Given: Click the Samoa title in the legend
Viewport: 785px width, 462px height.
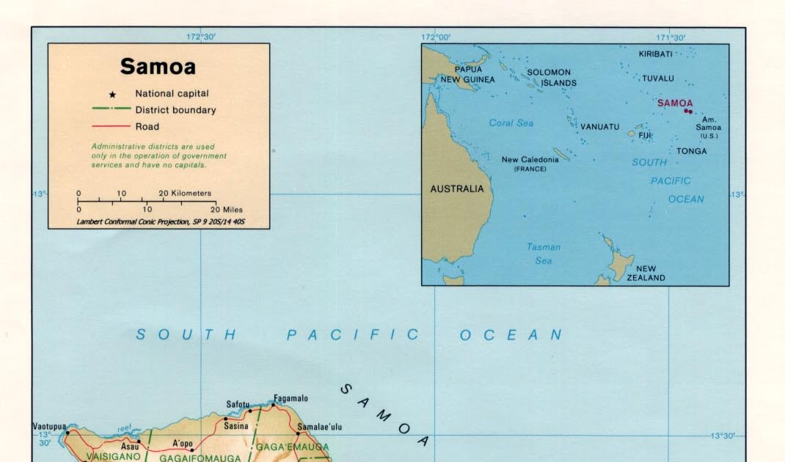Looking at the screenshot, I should [x=158, y=67].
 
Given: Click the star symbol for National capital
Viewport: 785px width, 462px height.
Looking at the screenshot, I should [x=113, y=95].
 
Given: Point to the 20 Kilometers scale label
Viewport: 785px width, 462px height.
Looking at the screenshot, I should [x=186, y=194].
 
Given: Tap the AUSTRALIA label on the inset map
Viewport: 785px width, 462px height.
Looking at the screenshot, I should [x=456, y=188].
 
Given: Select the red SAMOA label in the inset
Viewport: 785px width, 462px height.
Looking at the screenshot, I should [x=674, y=103].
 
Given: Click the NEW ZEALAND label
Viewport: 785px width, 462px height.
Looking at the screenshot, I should [x=646, y=273].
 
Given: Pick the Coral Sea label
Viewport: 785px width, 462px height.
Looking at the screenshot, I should [x=511, y=123].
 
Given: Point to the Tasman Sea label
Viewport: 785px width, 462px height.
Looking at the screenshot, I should [x=544, y=254].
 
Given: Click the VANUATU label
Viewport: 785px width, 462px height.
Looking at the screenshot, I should [x=599, y=127].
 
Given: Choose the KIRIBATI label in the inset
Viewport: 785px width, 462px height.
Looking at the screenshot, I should [x=655, y=54].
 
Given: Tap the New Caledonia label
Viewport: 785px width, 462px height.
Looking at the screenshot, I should [x=525, y=160].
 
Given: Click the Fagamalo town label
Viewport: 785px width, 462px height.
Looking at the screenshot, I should [x=291, y=399].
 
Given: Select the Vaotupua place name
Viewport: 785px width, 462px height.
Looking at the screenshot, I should [x=49, y=426].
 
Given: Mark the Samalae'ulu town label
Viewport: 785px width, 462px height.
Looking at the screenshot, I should [x=319, y=427].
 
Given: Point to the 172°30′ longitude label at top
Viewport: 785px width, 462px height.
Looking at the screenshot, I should [x=200, y=37].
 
